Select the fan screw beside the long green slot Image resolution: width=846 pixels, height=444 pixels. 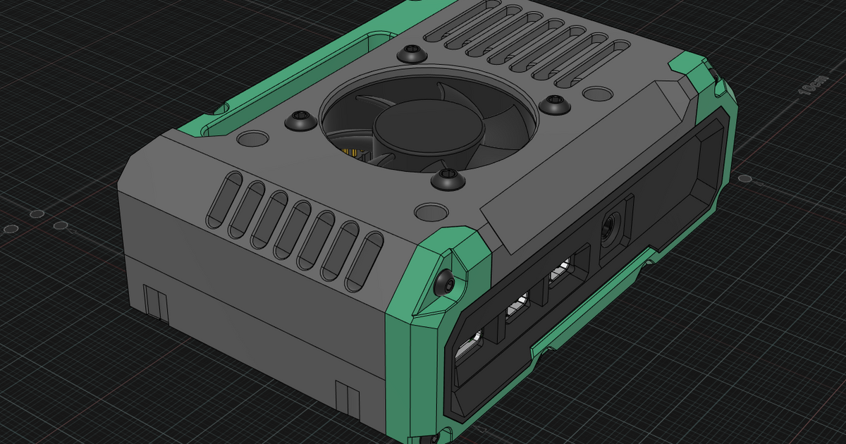(301, 121)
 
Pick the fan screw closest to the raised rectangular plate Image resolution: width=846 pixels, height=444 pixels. (553, 105)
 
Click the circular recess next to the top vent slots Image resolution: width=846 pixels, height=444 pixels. (598, 93)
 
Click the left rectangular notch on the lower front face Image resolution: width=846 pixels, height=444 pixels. (155, 302)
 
